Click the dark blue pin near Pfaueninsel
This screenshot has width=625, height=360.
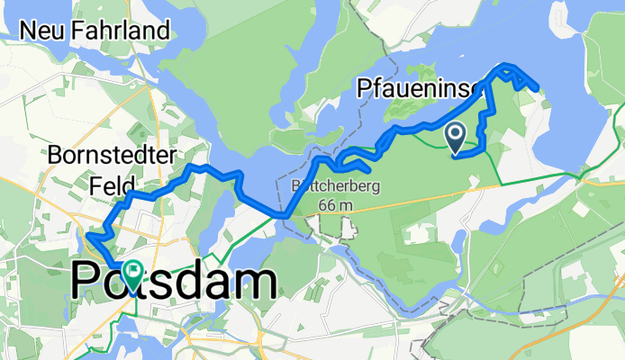(456, 137)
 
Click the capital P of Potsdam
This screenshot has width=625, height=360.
(86, 281)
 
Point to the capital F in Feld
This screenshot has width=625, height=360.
(95, 184)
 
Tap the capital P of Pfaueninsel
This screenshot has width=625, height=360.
(364, 88)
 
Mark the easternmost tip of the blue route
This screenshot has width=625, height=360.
(538, 88)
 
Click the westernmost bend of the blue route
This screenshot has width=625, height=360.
(86, 237)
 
